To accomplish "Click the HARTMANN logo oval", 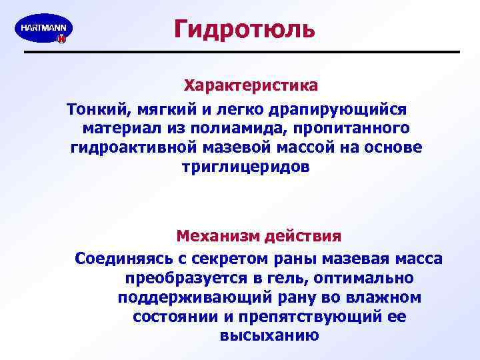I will (43, 29).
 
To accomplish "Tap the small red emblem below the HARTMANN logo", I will (61, 39).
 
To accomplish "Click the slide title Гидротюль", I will (244, 29).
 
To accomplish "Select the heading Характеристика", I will (251, 86).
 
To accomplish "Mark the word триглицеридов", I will (245, 167).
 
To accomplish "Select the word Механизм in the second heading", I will (217, 236).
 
